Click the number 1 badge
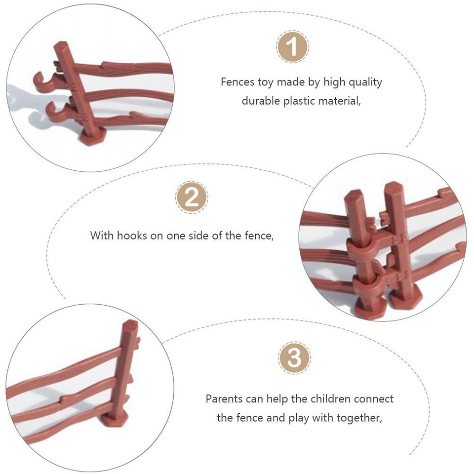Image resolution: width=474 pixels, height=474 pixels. pyautogui.click(x=292, y=47)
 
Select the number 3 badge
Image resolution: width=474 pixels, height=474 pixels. pyautogui.click(x=295, y=357)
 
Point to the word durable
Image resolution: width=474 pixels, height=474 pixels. pyautogui.click(x=261, y=101)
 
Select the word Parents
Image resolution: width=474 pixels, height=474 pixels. pyautogui.click(x=224, y=398)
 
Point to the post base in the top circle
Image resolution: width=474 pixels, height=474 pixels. pyautogui.click(x=91, y=137)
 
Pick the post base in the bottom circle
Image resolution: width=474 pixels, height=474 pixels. pyautogui.click(x=115, y=419)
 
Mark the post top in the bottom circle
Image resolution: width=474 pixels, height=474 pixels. pyautogui.click(x=130, y=326)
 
